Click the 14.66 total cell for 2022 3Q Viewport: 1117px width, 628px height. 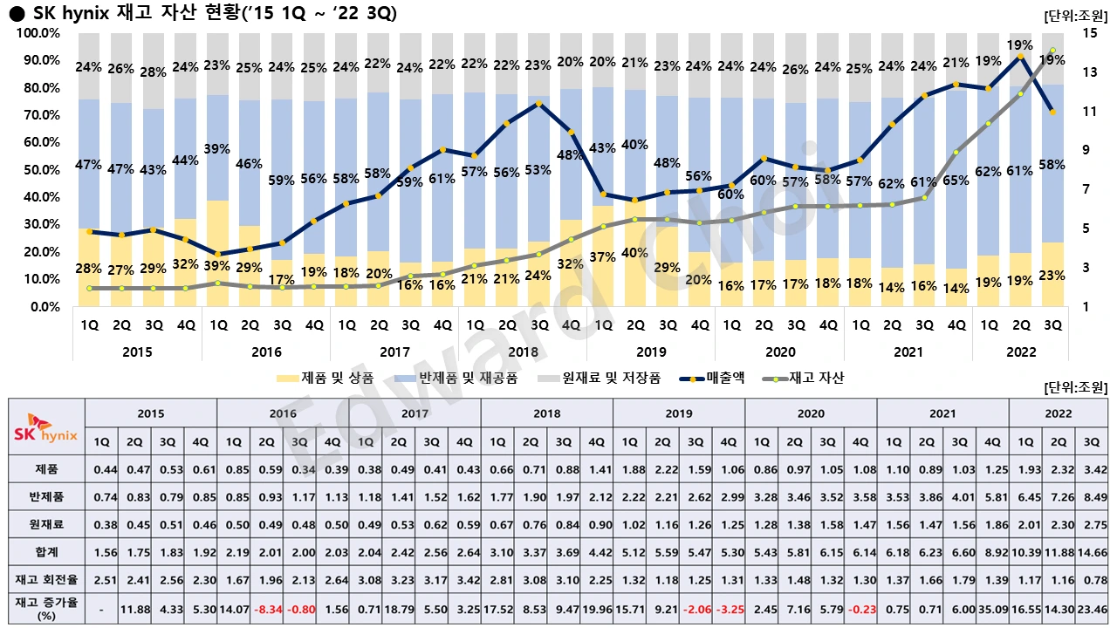[x=1091, y=552]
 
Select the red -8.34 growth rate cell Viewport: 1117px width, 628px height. [x=267, y=608]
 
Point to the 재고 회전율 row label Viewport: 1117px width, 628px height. [x=46, y=580]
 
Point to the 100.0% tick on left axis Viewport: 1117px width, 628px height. [x=38, y=33]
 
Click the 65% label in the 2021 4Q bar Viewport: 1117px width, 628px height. [x=957, y=181]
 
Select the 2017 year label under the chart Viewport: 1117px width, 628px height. [x=394, y=352]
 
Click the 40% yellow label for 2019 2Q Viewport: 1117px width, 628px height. [x=634, y=253]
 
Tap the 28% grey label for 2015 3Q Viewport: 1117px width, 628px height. [x=153, y=72]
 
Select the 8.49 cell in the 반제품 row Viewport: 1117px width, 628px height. [x=1091, y=497]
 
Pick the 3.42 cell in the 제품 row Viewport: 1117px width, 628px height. [x=1091, y=469]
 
